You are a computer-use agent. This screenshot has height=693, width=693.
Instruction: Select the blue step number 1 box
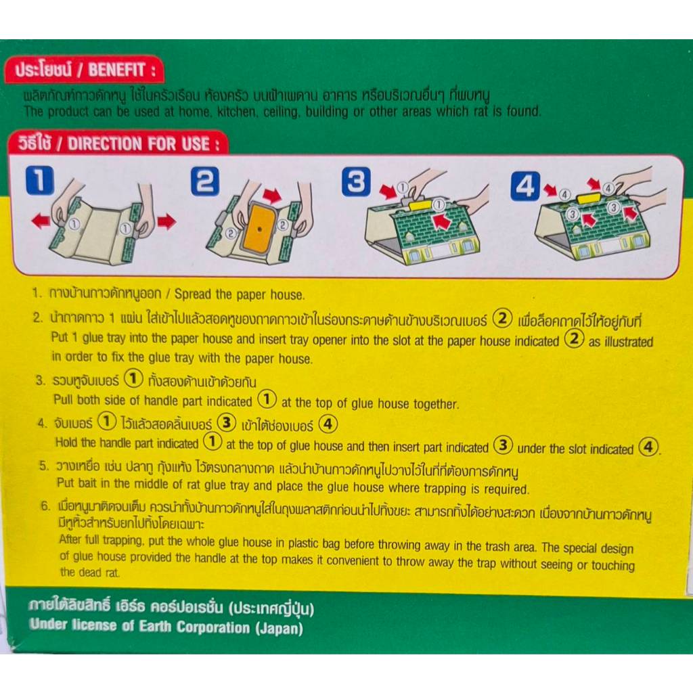[40, 180]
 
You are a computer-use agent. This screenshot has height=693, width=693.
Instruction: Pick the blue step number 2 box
[204, 181]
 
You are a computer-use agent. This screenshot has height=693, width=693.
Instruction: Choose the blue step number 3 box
[356, 181]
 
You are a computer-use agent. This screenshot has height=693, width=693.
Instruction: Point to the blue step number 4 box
[525, 185]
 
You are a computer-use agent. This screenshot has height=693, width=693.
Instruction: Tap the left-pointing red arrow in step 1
[41, 220]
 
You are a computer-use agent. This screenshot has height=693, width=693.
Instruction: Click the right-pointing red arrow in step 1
[167, 221]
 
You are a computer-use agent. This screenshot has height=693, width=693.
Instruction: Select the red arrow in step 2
[272, 195]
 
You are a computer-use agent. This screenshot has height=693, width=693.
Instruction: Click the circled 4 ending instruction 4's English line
[648, 447]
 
